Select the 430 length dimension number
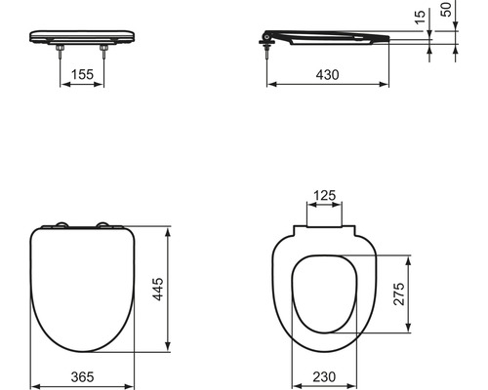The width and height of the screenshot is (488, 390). pos(327,73)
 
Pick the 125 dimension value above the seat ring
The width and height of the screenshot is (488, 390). pos(326,196)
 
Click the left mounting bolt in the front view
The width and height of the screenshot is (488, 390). pos(61,56)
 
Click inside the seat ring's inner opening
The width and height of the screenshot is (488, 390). pos(326,292)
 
